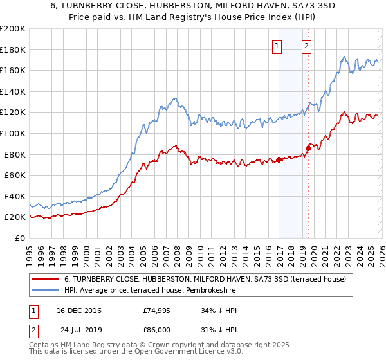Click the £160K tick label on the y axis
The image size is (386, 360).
(13, 70)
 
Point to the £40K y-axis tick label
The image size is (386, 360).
(15, 196)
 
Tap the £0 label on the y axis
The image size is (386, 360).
(20, 238)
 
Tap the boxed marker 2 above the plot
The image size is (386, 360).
(307, 46)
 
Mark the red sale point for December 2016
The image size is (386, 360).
(279, 159)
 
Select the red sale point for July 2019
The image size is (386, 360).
(308, 148)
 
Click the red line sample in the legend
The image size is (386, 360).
(46, 279)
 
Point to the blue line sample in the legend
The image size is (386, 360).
(46, 291)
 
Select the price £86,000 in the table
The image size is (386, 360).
(156, 329)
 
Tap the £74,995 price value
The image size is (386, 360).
(156, 310)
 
